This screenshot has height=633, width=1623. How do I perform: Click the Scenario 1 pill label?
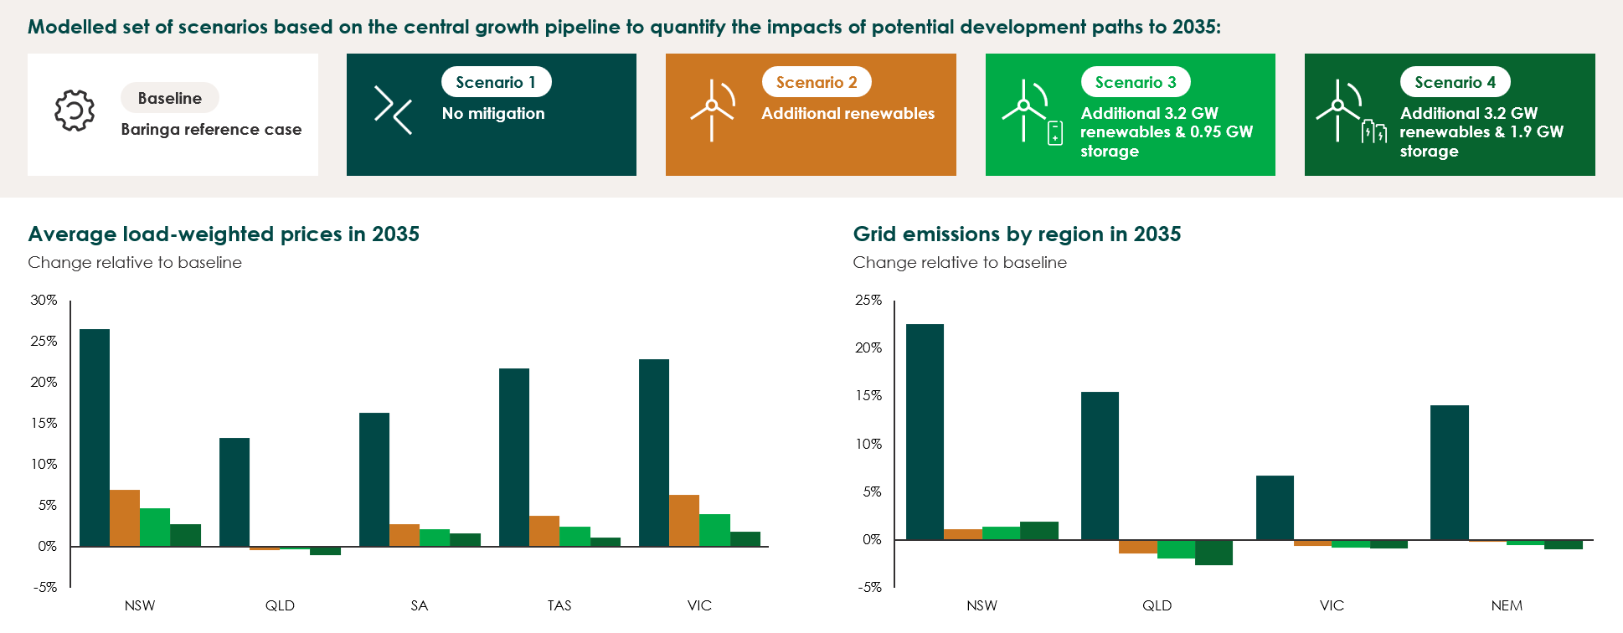[496, 82]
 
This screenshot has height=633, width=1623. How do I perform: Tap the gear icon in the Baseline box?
[75, 111]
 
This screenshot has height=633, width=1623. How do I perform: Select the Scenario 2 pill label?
[816, 82]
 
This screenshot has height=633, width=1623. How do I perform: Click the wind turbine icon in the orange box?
[712, 110]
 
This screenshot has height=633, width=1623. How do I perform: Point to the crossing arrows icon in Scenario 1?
[393, 110]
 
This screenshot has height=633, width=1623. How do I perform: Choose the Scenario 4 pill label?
[1455, 82]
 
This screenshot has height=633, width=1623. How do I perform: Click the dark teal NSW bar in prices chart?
[95, 437]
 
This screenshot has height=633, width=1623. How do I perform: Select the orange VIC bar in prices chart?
[684, 520]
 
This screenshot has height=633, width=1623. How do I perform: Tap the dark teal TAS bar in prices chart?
[514, 457]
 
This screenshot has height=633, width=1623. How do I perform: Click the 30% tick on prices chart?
[44, 300]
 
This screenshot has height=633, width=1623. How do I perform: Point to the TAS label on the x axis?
[559, 605]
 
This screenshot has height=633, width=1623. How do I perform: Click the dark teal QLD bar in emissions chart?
[1100, 466]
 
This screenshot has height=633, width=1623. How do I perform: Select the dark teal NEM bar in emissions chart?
[1449, 472]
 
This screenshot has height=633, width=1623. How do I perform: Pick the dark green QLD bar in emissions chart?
[1213, 553]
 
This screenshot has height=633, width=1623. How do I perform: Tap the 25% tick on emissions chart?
[868, 300]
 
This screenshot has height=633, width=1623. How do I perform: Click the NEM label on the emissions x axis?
[1507, 605]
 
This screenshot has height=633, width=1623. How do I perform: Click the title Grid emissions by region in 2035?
[1017, 234]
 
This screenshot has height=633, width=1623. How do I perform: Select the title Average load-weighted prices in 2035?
[224, 234]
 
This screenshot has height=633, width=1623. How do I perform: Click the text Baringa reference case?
[211, 129]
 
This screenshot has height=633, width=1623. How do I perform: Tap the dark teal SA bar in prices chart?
[374, 479]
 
